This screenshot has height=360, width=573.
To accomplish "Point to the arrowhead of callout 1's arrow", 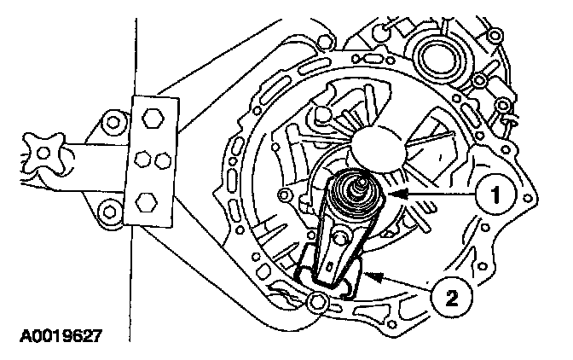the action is pos(395,196).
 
